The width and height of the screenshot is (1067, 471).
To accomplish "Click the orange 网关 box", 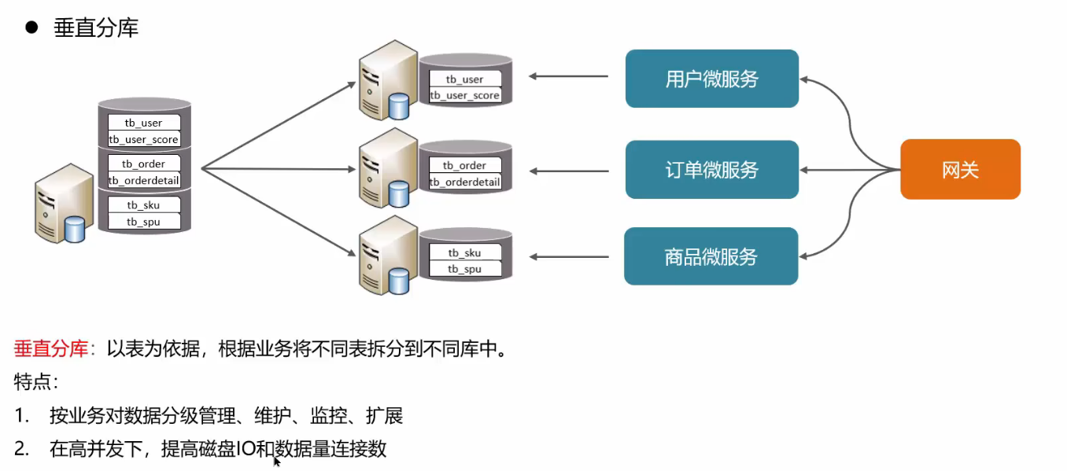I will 960,169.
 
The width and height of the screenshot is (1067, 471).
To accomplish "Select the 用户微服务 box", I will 711,79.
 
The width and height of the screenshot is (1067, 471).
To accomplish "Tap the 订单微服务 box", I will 711,170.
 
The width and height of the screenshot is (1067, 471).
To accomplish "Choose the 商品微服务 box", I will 711,256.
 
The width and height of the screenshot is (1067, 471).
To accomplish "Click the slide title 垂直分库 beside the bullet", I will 96,28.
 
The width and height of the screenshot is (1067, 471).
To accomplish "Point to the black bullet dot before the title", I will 31,28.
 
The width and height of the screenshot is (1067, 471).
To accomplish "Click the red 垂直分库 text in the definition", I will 51,348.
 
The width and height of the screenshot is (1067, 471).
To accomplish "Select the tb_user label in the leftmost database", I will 144,123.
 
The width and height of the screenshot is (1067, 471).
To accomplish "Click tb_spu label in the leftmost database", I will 144,222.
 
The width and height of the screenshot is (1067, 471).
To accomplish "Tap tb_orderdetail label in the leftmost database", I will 144,180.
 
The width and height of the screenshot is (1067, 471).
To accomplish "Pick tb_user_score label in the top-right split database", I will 464,95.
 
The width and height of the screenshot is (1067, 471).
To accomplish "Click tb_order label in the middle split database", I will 464,165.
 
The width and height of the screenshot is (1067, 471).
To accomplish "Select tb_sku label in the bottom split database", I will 464,252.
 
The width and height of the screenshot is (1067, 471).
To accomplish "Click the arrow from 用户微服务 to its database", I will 568,76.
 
